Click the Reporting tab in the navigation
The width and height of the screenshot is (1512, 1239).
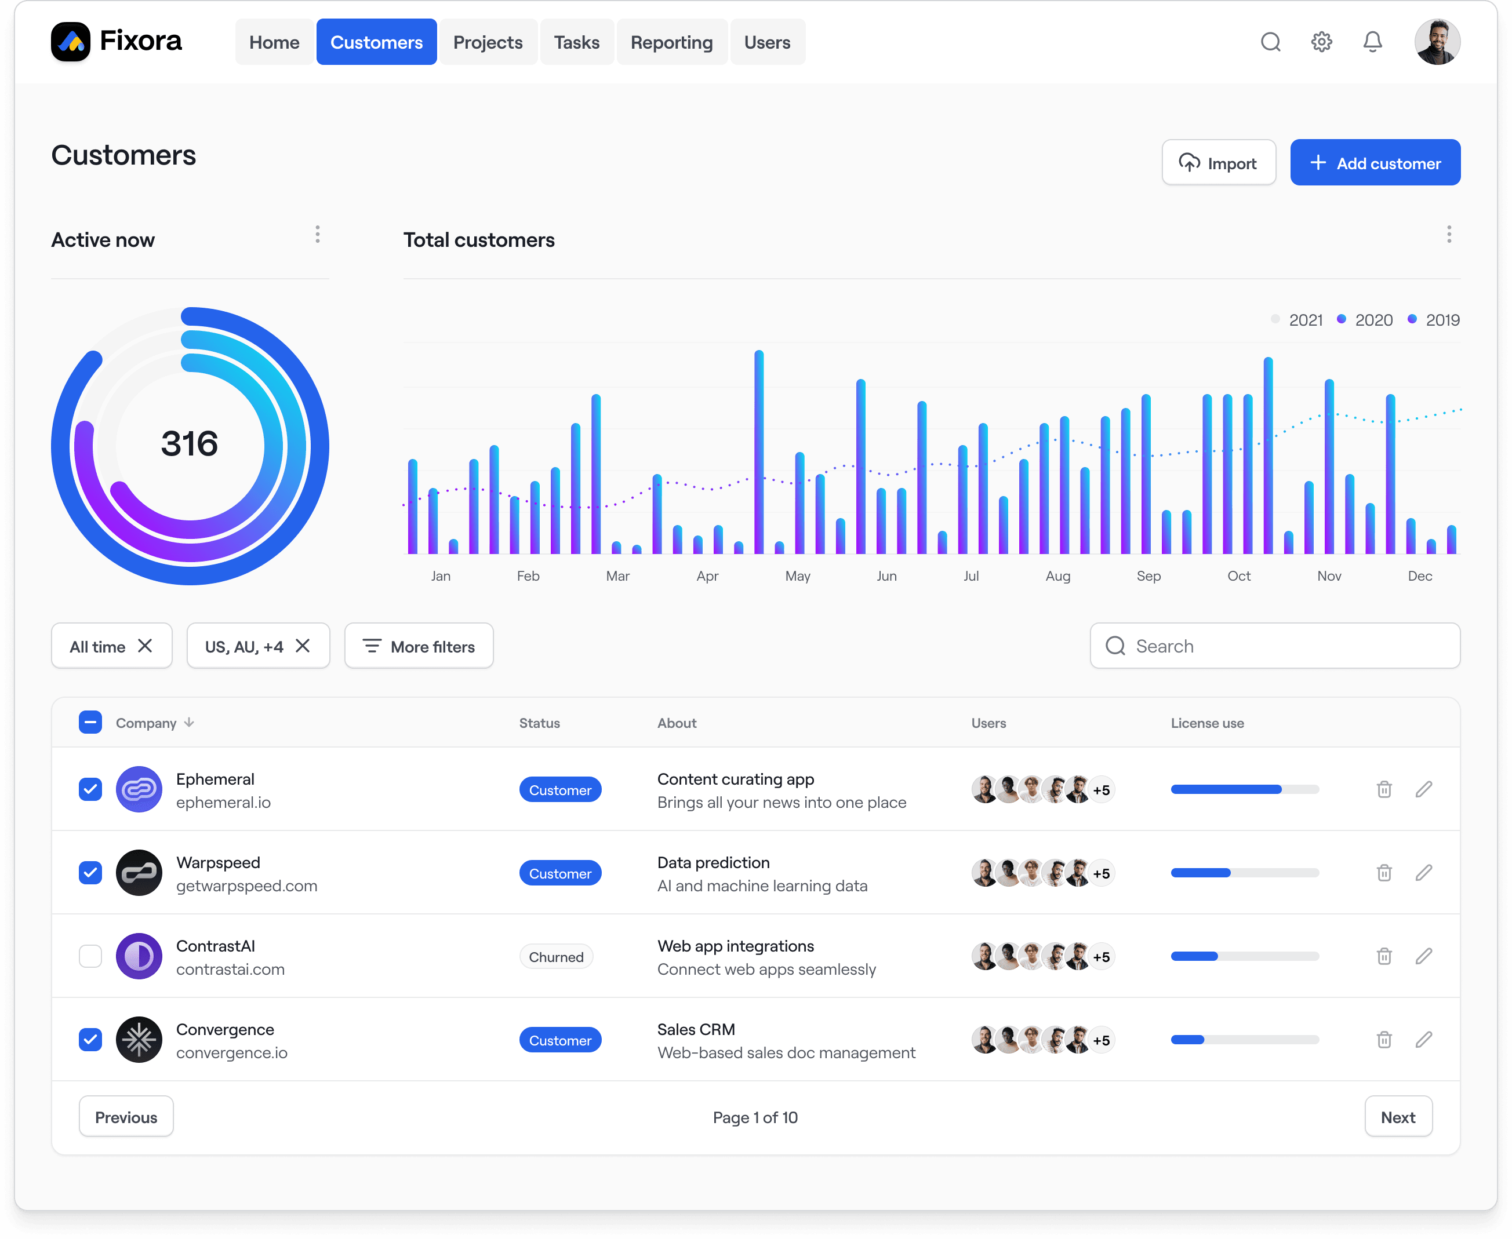pyautogui.click(x=671, y=42)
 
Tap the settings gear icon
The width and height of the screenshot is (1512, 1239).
pyautogui.click(x=1321, y=42)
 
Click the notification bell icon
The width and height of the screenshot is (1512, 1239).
pyautogui.click(x=1372, y=42)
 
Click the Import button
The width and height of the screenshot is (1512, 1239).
pyautogui.click(x=1218, y=163)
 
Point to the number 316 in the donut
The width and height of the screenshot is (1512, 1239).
pyautogui.click(x=189, y=444)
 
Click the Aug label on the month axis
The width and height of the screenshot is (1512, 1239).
pyautogui.click(x=1057, y=576)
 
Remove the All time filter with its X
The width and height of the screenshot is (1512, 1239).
pyautogui.click(x=145, y=646)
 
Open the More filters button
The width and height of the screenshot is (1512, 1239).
pyautogui.click(x=419, y=647)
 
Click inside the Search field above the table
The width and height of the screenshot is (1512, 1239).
pyautogui.click(x=1285, y=647)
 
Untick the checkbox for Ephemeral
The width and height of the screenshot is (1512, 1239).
pyautogui.click(x=90, y=789)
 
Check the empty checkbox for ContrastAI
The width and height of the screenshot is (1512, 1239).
pyautogui.click(x=90, y=956)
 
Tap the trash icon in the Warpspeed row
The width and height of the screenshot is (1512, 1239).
pyautogui.click(x=1383, y=873)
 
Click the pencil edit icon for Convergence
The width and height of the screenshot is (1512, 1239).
pyautogui.click(x=1423, y=1040)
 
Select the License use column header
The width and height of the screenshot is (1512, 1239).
pyautogui.click(x=1206, y=723)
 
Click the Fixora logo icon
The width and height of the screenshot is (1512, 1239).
pyautogui.click(x=71, y=42)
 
